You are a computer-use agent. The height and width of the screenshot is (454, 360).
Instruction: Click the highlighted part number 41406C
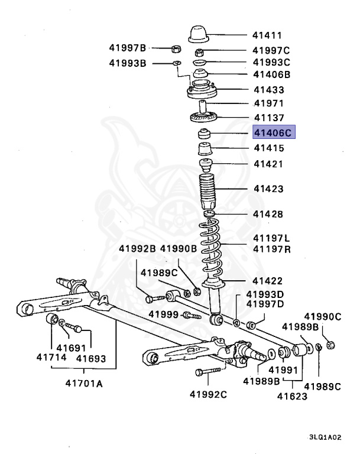pyautogui.click(x=273, y=133)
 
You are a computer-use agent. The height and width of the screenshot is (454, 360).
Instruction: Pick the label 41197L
pyautogui.click(x=272, y=238)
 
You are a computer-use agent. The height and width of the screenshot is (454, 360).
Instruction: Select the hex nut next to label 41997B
pyautogui.click(x=175, y=48)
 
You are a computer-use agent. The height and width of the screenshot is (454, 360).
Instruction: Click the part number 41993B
pyautogui.click(x=127, y=63)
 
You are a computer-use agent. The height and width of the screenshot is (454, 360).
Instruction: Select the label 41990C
pyautogui.click(x=323, y=316)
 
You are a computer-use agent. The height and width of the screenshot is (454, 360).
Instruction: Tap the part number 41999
pyautogui.click(x=163, y=313)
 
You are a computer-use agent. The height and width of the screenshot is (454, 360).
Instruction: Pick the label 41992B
pyautogui.click(x=137, y=249)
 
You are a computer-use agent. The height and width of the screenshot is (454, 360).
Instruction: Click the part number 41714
pyautogui.click(x=51, y=358)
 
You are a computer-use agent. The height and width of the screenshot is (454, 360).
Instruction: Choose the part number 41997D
pyautogui.click(x=265, y=304)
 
